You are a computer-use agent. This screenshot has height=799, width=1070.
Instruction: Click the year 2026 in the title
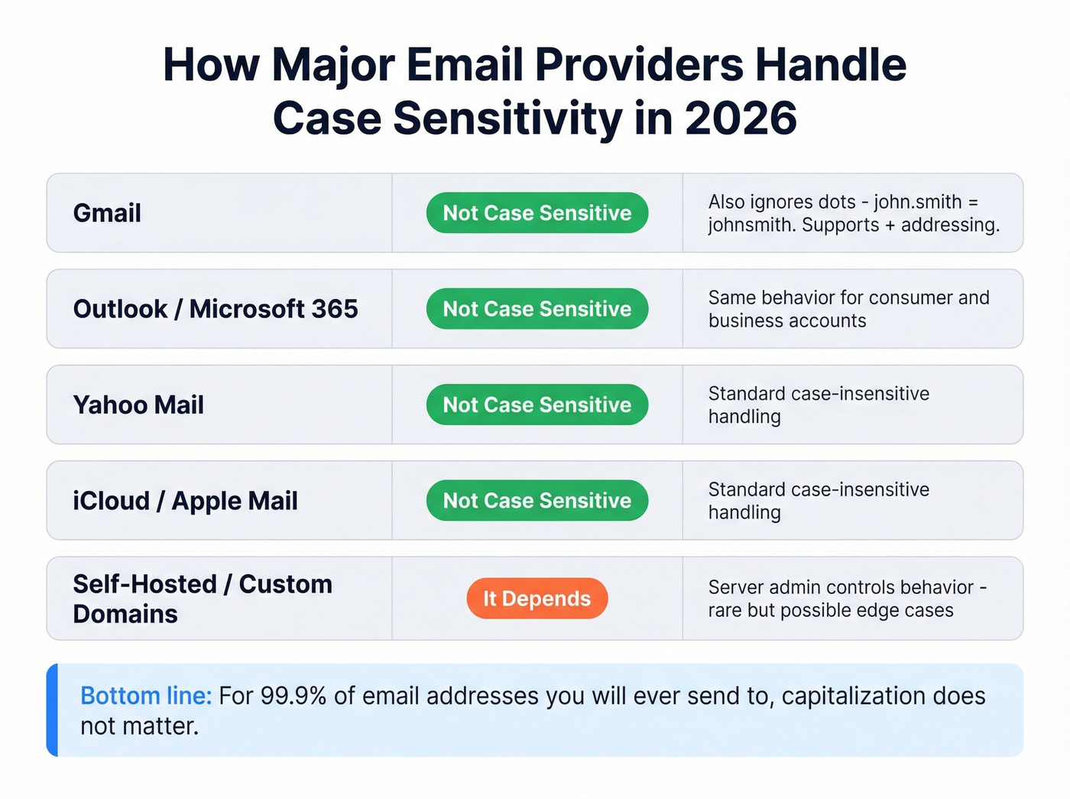point(740,119)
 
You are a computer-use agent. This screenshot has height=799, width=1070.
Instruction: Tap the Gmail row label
point(107,213)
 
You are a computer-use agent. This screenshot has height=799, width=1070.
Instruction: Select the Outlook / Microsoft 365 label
point(215,309)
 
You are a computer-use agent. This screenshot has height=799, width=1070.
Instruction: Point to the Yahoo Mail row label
point(138,405)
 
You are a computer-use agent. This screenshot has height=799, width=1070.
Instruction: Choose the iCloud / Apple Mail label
point(185,501)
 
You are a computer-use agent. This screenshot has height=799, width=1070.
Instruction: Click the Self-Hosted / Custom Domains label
point(202,599)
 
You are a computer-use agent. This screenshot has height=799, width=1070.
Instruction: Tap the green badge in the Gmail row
point(537,213)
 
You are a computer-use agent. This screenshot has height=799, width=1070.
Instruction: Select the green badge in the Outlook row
point(537,309)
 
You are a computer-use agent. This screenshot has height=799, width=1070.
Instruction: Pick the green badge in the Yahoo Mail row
point(537,405)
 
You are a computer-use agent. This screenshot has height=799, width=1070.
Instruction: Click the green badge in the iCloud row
point(537,501)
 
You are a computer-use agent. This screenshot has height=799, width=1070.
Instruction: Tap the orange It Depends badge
point(537,599)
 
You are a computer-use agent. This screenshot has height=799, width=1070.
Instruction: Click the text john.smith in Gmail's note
point(917,202)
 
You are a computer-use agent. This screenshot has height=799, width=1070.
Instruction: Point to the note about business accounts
point(848,309)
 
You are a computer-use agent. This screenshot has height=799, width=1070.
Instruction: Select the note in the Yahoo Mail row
point(818,405)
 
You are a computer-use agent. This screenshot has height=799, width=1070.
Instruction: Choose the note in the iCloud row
point(818,501)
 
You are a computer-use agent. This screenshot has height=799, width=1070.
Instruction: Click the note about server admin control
point(847,599)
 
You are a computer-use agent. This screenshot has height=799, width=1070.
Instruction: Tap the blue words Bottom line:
point(146,696)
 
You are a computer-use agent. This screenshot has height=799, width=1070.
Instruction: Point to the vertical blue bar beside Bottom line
point(52,710)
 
